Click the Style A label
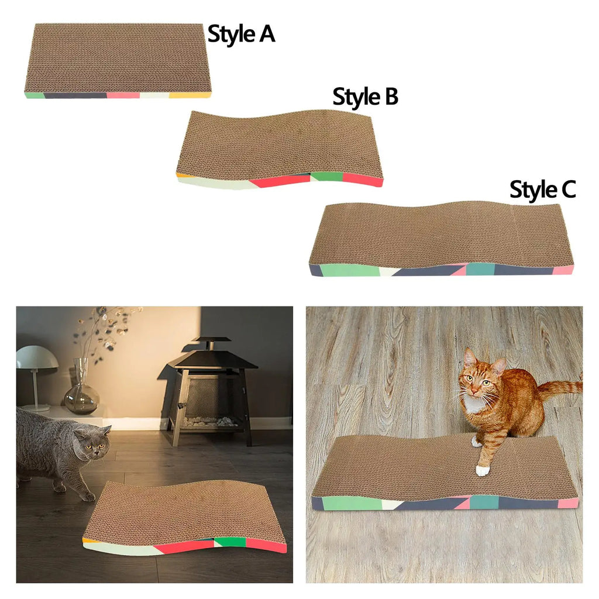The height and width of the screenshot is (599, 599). click(241, 35)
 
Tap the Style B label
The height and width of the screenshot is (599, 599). click(365, 97)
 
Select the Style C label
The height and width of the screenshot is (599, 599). click(542, 190)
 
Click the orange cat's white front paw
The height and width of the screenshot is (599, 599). click(482, 469)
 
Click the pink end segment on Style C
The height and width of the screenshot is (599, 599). click(563, 270)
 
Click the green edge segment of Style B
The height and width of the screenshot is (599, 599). click(326, 176)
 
